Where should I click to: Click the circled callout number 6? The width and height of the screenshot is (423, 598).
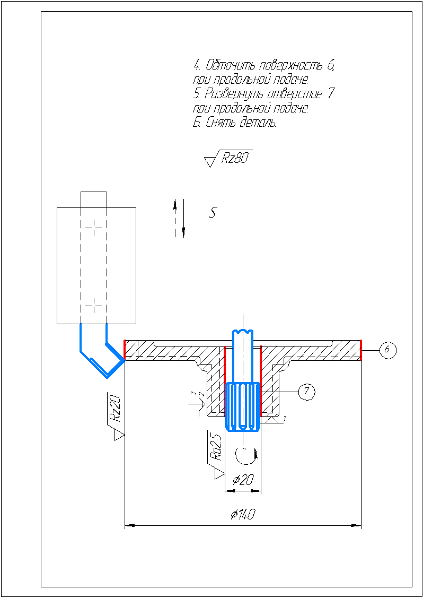[x=388, y=350]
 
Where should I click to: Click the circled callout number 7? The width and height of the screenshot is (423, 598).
[x=307, y=391]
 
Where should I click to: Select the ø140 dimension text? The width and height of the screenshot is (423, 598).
[x=242, y=515]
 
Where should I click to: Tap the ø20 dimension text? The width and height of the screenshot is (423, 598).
[x=243, y=480]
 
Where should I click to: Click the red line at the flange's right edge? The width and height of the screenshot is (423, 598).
[x=360, y=350]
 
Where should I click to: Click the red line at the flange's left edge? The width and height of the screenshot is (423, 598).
[x=125, y=350]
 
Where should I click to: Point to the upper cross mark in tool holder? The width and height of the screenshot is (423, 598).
[x=94, y=228]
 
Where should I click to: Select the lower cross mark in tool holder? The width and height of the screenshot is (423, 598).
[x=94, y=306]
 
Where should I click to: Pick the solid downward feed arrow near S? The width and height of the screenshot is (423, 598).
[x=183, y=218]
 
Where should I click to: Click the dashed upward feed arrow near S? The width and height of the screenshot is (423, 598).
[x=175, y=218]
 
